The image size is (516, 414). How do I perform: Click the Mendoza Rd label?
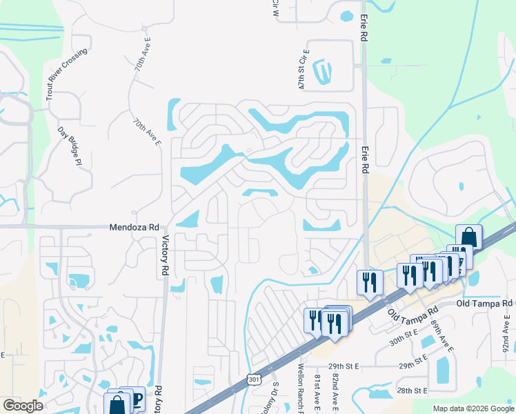pos(135,227)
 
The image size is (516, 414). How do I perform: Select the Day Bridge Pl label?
pos(70,146)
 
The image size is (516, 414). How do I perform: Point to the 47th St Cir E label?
pos(302,70)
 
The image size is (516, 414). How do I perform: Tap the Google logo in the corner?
pos(23,406)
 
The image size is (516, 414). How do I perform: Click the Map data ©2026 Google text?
pos(473,408)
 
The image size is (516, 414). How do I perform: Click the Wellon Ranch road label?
pos(301,390)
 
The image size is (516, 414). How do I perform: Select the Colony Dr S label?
pos(275,397)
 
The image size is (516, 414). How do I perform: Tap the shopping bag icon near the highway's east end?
pos(468,237)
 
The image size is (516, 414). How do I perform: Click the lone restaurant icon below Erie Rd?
pos(368,282)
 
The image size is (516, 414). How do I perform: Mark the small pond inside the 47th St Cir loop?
pos(322,70)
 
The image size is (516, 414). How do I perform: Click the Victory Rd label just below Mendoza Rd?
pos(165,256)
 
